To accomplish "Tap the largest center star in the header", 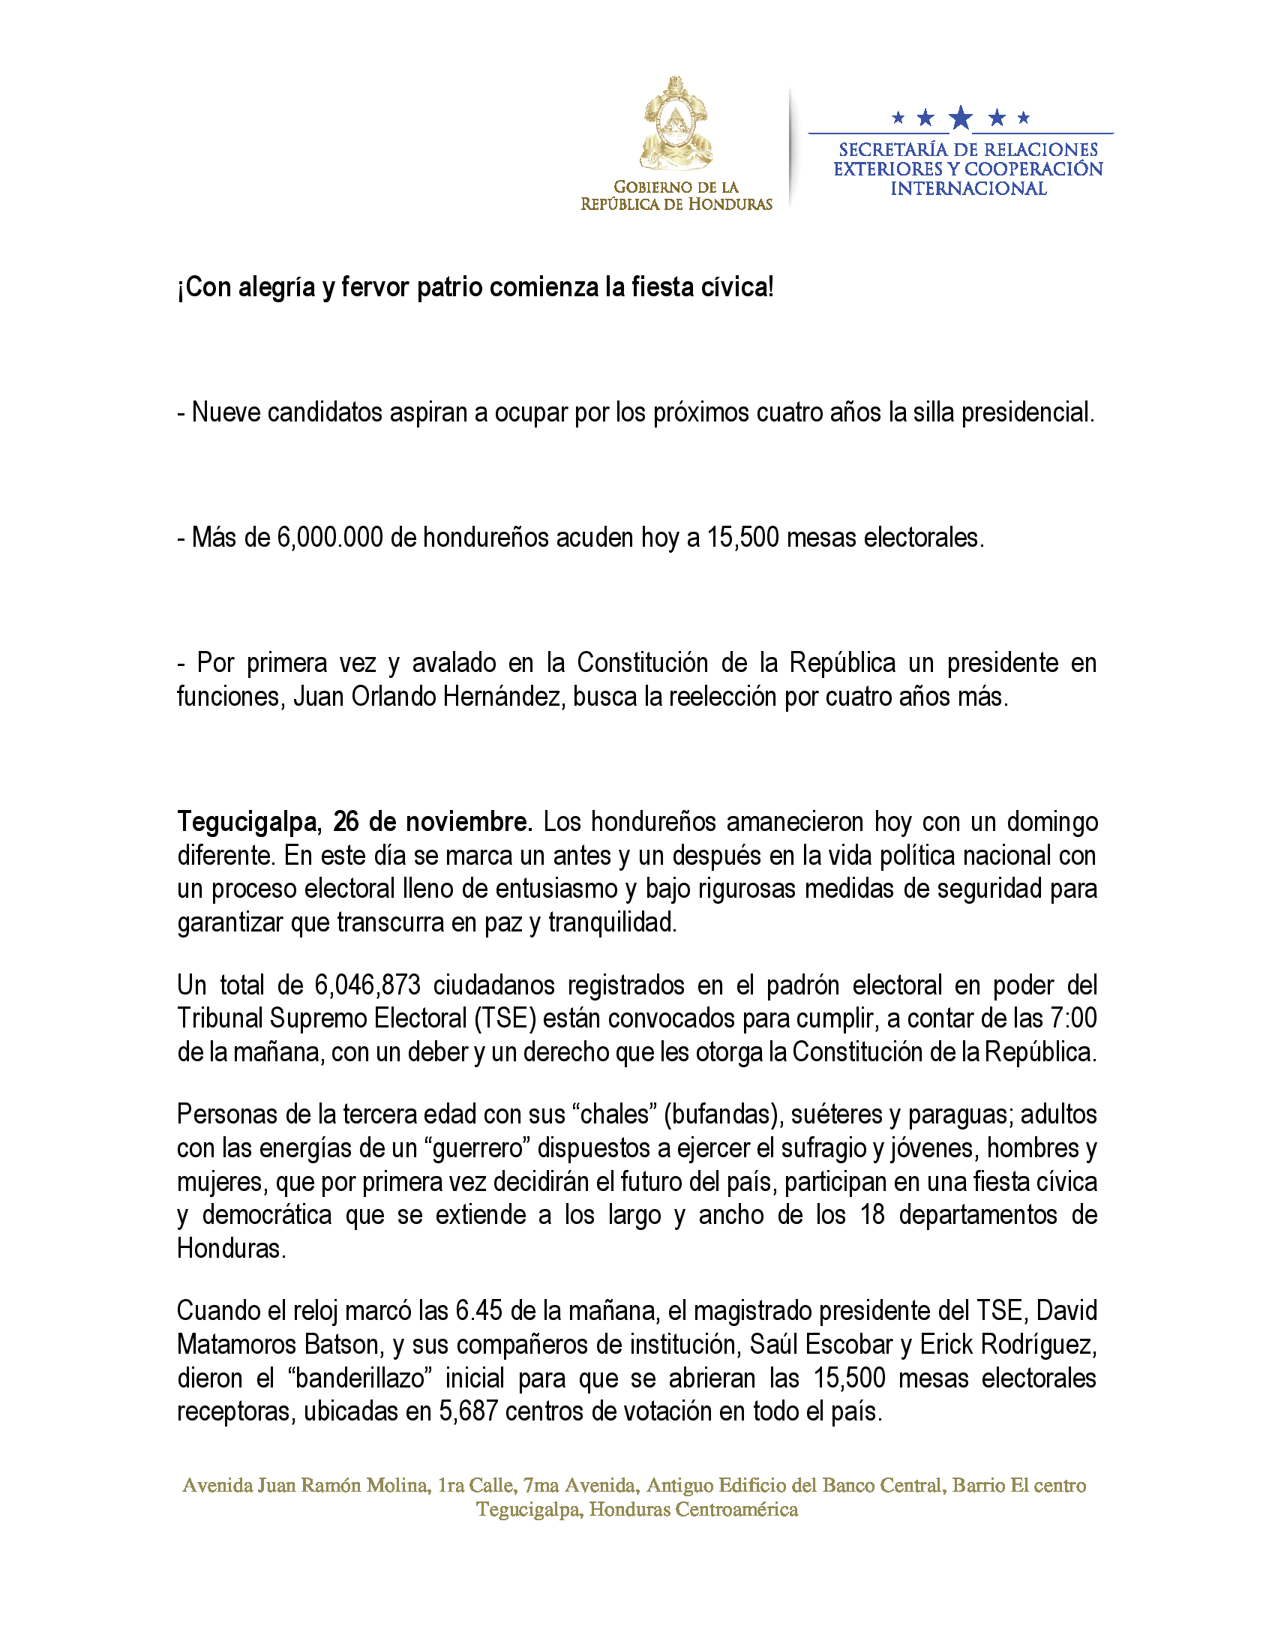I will point(961,118).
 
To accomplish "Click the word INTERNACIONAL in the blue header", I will point(968,189).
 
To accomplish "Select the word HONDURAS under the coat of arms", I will point(729,205).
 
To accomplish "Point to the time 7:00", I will point(1073,1018).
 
